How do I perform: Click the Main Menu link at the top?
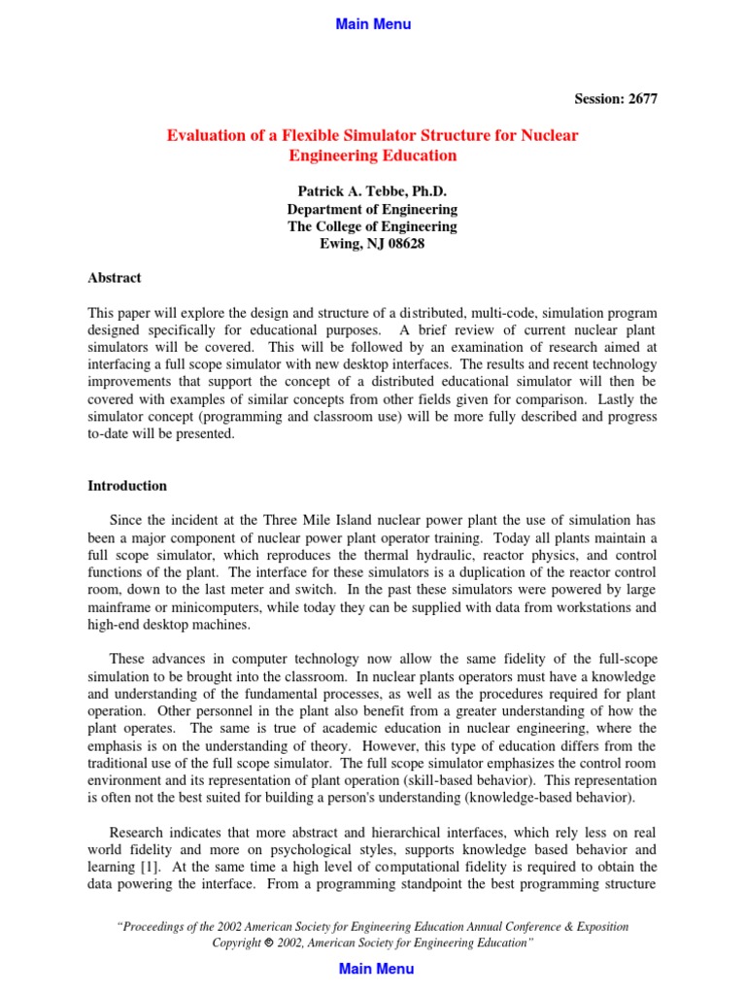point(373,24)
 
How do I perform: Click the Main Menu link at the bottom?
point(375,968)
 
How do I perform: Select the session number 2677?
point(640,99)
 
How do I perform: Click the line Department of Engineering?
point(372,209)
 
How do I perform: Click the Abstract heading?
point(115,278)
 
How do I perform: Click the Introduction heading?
point(127,486)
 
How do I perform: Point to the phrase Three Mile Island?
point(309,520)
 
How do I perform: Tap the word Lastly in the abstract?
point(618,399)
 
